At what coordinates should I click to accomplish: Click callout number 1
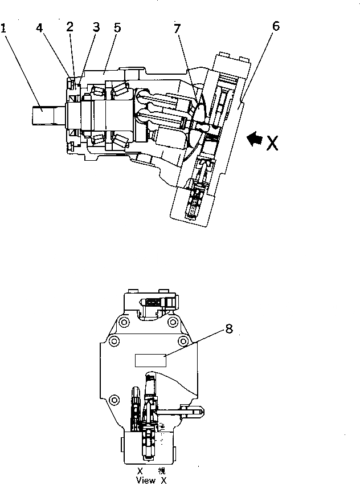[5, 27]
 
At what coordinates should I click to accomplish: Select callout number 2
[69, 26]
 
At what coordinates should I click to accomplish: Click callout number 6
[276, 26]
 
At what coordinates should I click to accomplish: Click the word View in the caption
[145, 481]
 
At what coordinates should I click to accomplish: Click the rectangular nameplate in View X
[150, 360]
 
